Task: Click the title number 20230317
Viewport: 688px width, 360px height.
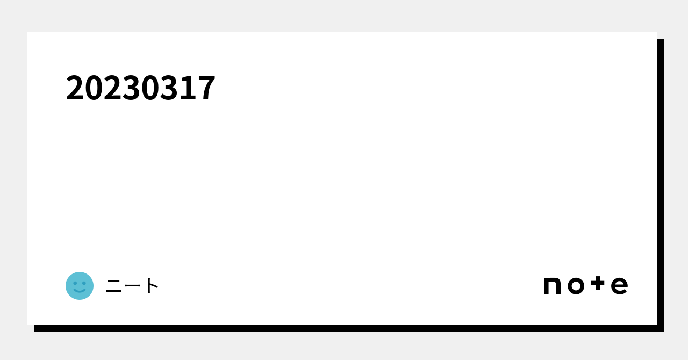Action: pos(140,88)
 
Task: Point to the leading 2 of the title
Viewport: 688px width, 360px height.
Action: pos(75,88)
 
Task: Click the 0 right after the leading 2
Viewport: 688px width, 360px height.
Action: pos(94,88)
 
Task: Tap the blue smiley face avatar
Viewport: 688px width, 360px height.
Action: pos(80,286)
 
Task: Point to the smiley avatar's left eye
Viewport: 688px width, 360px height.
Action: pos(75,283)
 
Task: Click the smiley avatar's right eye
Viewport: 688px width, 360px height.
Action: pos(84,283)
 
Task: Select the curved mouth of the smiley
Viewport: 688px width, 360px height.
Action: pos(80,291)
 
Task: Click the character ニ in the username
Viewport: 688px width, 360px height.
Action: pos(114,286)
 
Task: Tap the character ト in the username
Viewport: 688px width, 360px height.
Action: pos(152,286)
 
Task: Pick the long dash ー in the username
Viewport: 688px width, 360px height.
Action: pos(133,286)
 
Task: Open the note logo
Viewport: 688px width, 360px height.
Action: pos(585,285)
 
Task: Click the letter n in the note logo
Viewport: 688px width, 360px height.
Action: pos(552,286)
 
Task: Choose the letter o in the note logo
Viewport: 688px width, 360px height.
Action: pos(576,286)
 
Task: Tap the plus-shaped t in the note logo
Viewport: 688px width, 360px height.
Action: pos(598,283)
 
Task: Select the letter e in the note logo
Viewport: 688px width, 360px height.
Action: pos(619,286)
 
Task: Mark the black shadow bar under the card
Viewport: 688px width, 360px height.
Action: pos(344,328)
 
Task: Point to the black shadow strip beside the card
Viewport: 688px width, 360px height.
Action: pos(660,183)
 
